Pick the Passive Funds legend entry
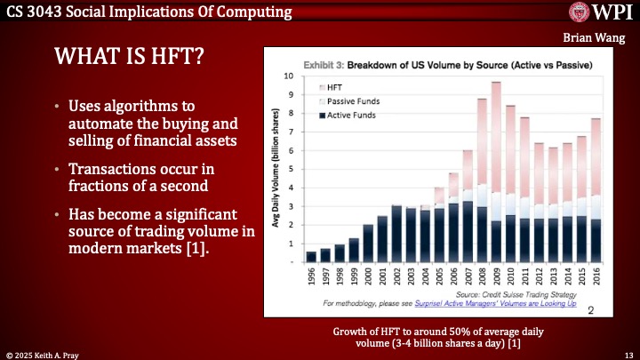[353, 101]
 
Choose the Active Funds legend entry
[351, 116]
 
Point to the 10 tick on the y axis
[288, 76]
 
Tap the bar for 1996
[311, 257]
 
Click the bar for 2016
[596, 191]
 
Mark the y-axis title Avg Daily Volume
[276, 170]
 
